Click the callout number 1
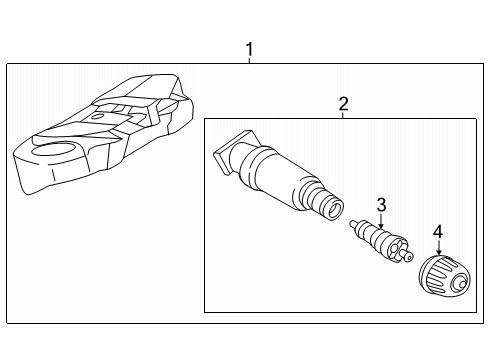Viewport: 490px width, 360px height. point(249,49)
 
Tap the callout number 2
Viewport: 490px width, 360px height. point(343,104)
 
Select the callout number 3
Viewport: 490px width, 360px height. point(381,205)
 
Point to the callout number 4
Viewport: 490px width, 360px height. point(438,232)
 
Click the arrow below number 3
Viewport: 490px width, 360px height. point(381,221)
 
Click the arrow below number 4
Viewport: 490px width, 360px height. point(439,247)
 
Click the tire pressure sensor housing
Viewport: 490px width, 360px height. point(103,133)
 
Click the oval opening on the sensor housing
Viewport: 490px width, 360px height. point(53,150)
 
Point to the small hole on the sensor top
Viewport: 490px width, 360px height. point(98,117)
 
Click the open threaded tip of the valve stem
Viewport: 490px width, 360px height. point(334,209)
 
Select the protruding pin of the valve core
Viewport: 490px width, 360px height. point(408,255)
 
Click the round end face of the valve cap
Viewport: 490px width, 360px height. point(460,283)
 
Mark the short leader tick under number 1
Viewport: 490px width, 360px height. point(249,60)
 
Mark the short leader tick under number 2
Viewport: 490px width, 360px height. point(343,115)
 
